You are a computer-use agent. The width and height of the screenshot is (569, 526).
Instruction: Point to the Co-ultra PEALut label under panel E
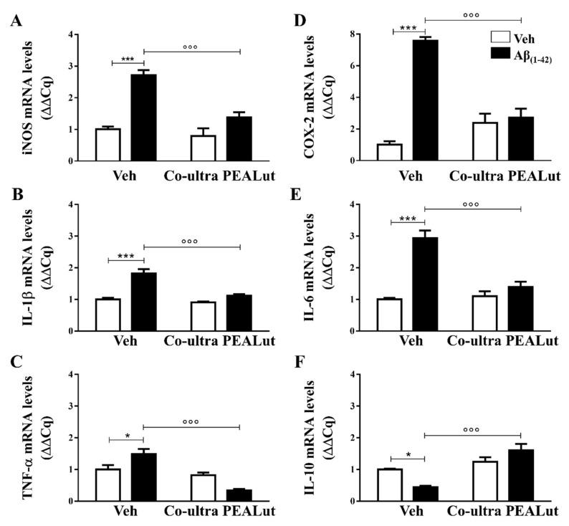pos(502,343)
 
